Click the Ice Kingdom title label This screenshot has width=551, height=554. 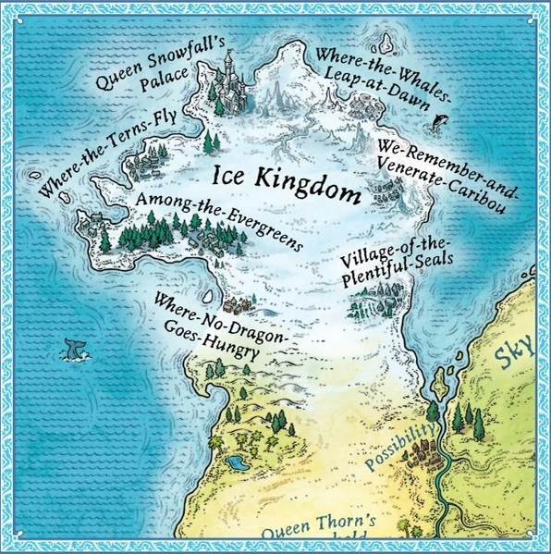coord(286,184)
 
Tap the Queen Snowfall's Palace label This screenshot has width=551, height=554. coord(148,68)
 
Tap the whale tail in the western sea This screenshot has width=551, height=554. coord(70,348)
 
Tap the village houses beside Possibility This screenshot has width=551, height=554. coord(427,454)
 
